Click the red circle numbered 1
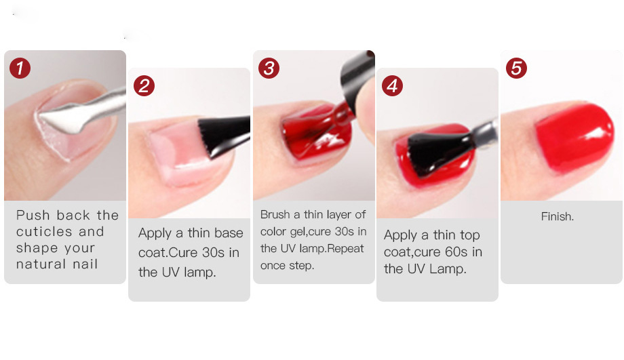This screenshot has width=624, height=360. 20,68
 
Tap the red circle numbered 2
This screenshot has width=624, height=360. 144,86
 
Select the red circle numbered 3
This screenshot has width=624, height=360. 269,68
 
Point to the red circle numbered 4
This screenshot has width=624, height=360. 393,86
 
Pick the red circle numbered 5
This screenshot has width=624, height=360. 517,68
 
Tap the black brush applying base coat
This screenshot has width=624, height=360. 223,135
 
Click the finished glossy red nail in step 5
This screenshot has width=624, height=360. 574,137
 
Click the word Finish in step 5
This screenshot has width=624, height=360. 557,216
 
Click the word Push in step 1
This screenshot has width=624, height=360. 33,215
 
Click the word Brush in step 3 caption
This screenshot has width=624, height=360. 275,214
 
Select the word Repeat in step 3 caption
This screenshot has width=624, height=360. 345,249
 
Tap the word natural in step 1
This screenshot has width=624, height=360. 41,264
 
